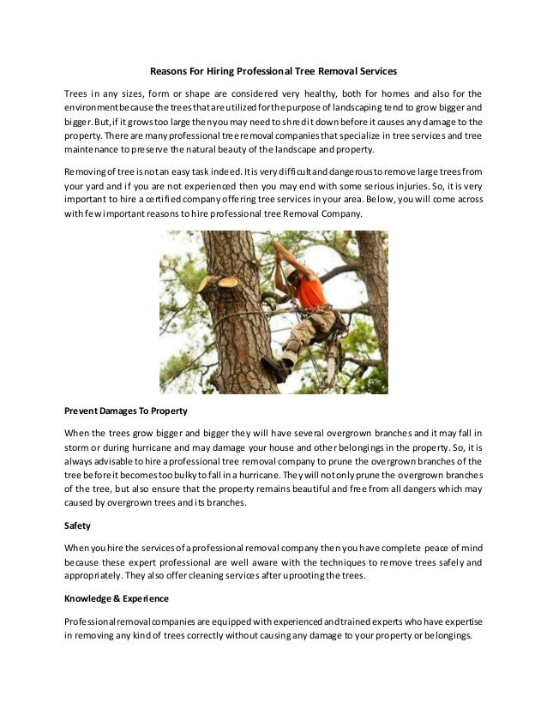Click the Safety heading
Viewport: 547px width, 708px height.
(x=78, y=525)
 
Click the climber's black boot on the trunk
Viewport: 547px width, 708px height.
(x=276, y=369)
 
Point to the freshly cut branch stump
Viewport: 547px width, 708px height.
(x=226, y=281)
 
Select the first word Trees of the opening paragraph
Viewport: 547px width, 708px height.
(x=77, y=93)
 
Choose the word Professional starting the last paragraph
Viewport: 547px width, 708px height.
(x=93, y=620)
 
